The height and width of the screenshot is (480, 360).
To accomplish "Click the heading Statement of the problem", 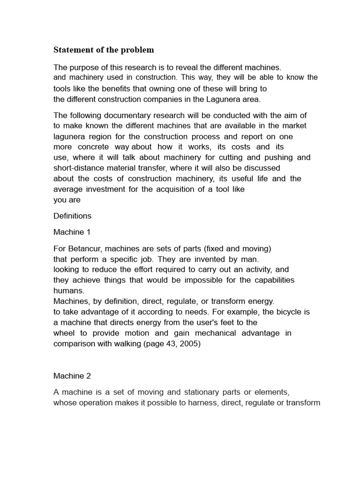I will (104, 50).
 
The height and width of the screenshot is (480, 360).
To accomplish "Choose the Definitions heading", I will (72, 216).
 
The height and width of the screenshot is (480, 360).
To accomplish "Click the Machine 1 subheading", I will (71, 232).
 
